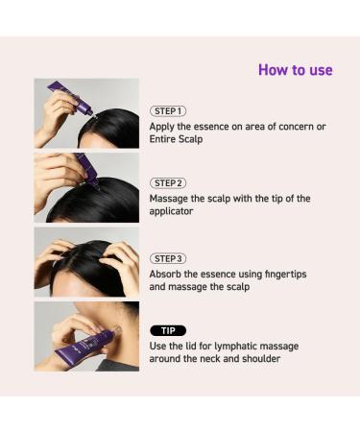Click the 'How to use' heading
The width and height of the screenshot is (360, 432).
point(296,70)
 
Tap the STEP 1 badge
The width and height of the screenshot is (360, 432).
point(168,111)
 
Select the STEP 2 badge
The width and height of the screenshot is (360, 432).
point(168,182)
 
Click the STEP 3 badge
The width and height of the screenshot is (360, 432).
point(168,259)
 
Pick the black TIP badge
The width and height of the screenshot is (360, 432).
point(168,330)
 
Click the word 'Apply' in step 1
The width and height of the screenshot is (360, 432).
point(164,127)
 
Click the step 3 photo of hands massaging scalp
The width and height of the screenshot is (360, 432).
point(86,261)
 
